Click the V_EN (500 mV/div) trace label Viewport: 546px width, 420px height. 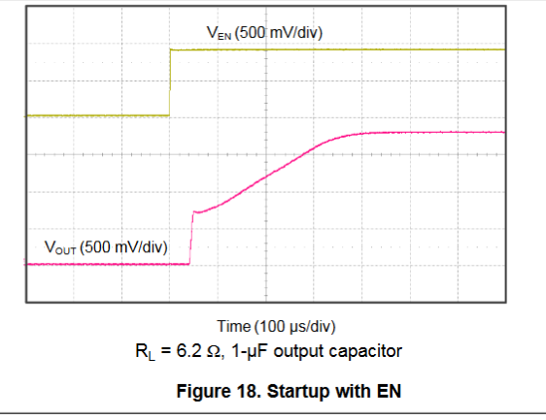[x=264, y=33]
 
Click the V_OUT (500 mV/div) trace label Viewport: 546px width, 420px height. [x=106, y=247]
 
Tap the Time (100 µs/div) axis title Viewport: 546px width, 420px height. [x=276, y=327]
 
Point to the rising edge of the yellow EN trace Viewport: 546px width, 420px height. [x=170, y=82]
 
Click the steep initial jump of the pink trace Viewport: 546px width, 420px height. [x=191, y=238]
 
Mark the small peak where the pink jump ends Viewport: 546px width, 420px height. [x=194, y=211]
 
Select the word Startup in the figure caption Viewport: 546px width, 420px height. [x=298, y=392]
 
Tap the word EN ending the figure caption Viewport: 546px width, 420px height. [x=390, y=391]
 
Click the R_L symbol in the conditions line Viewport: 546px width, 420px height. [x=145, y=351]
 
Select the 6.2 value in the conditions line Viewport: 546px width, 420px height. [x=189, y=350]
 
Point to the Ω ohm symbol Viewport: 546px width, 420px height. [x=214, y=351]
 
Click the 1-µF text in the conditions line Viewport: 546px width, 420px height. [x=249, y=351]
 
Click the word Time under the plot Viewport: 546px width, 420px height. [x=233, y=326]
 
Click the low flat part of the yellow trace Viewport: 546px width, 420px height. [x=97, y=115]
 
